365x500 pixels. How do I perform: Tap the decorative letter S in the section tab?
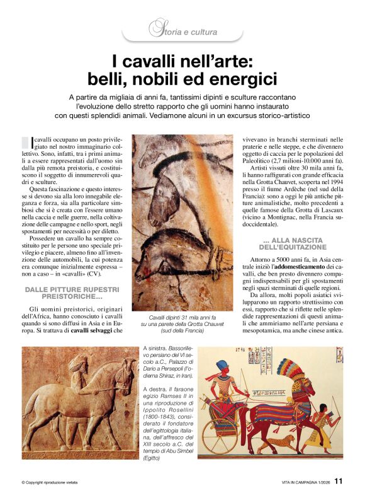pos(154,28)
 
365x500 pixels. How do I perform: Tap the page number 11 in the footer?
pos(339,481)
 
